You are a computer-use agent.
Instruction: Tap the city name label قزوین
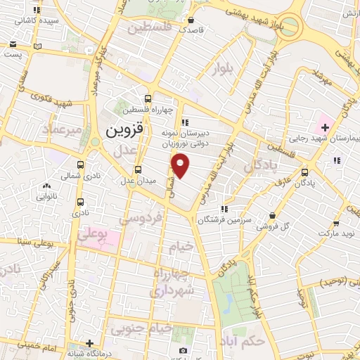click(124, 131)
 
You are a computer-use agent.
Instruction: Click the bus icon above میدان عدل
click(138, 169)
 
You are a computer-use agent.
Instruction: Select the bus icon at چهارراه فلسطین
click(147, 99)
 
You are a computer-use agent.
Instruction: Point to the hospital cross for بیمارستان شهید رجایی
click(324, 127)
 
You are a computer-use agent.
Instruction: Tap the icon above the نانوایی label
click(46, 187)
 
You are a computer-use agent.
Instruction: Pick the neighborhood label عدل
click(124, 150)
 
